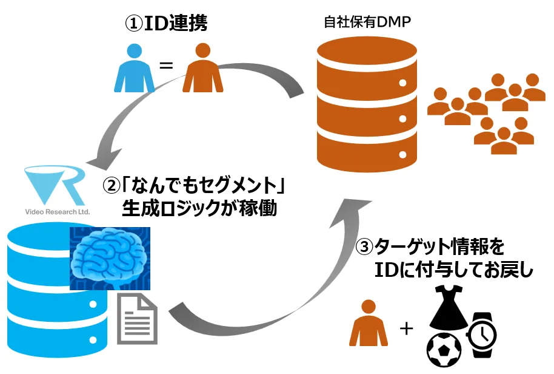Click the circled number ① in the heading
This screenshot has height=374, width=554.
tap(134, 24)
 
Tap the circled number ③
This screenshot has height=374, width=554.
tap(364, 248)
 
